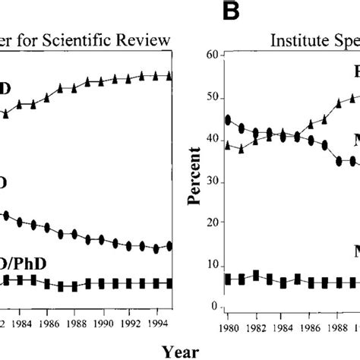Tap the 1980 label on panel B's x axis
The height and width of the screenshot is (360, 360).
click(228, 328)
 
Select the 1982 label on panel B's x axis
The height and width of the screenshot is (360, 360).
click(258, 328)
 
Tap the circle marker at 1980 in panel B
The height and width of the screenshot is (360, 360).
click(228, 119)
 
